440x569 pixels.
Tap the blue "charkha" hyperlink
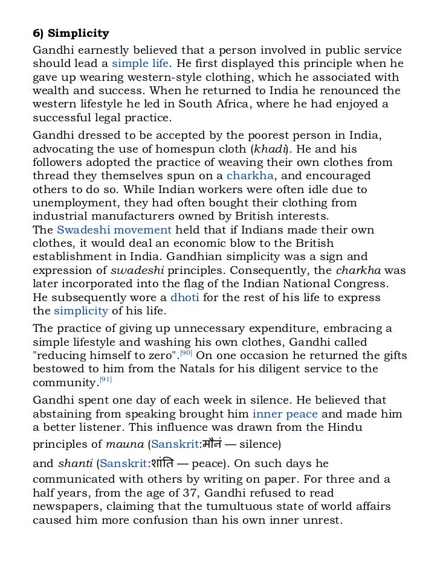(x=250, y=176)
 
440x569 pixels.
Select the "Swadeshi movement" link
(x=114, y=230)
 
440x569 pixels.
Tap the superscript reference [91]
(x=106, y=380)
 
